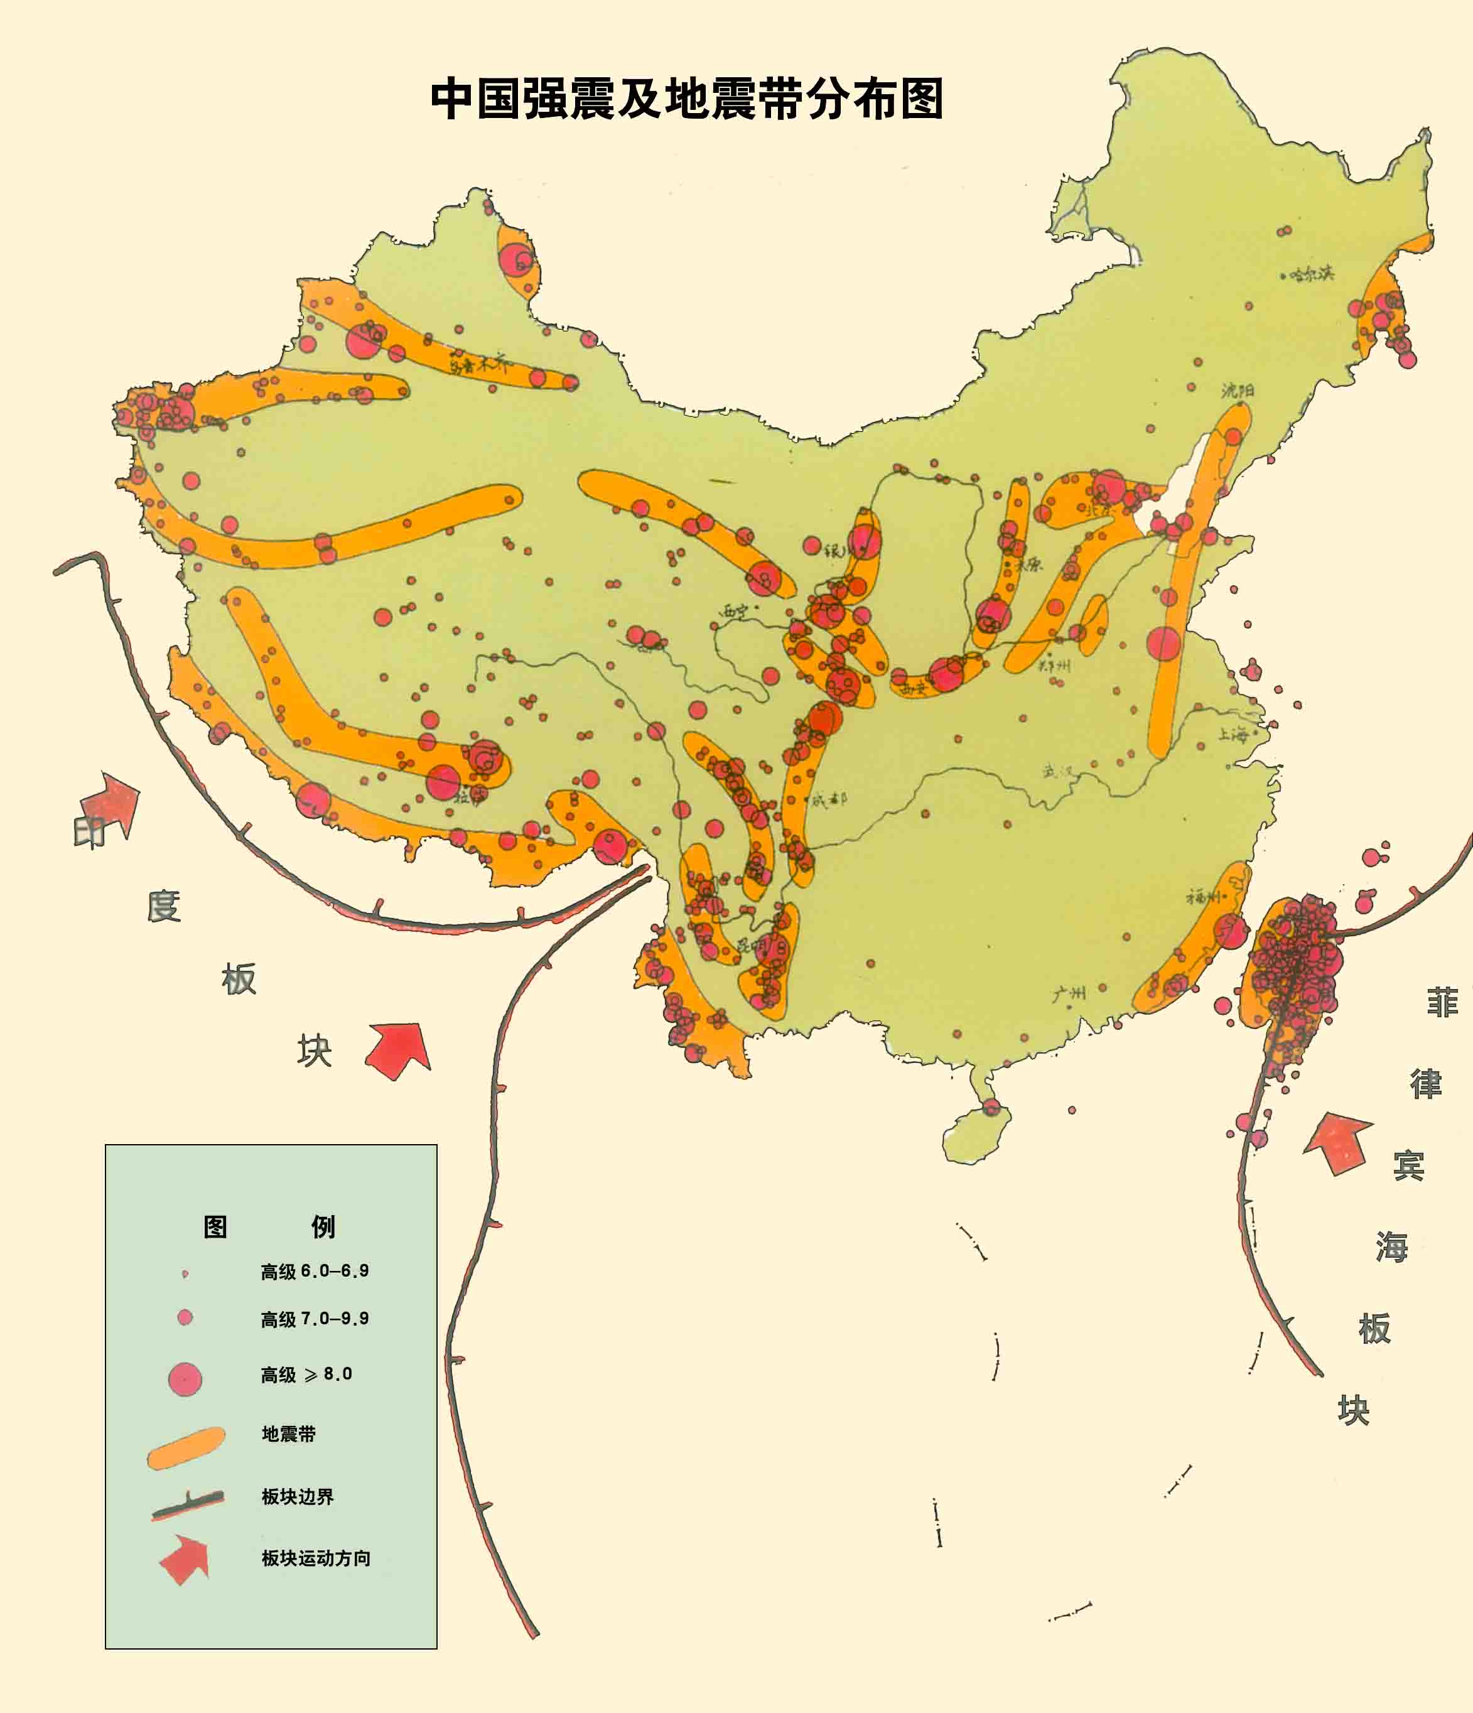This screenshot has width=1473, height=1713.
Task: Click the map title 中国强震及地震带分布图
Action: pyautogui.click(x=686, y=99)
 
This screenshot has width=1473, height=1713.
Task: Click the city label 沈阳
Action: pyautogui.click(x=1238, y=389)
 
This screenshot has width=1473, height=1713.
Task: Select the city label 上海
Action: pyautogui.click(x=1233, y=733)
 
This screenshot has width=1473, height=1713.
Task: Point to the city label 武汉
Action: pyautogui.click(x=1059, y=771)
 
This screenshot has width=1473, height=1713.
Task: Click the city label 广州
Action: pyautogui.click(x=1069, y=993)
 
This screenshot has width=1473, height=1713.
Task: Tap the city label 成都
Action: pyautogui.click(x=829, y=799)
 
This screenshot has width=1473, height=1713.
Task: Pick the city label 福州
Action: pyautogui.click(x=1204, y=896)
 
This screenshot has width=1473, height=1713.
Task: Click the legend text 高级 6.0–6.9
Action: pyautogui.click(x=314, y=1271)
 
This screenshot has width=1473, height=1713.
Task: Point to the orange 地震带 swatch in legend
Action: pyautogui.click(x=186, y=1447)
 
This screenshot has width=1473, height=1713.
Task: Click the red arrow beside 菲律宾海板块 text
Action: pyautogui.click(x=1339, y=1143)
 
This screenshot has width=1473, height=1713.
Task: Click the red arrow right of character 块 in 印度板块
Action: pyautogui.click(x=399, y=1050)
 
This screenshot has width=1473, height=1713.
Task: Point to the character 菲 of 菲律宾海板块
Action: pyautogui.click(x=1442, y=1002)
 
